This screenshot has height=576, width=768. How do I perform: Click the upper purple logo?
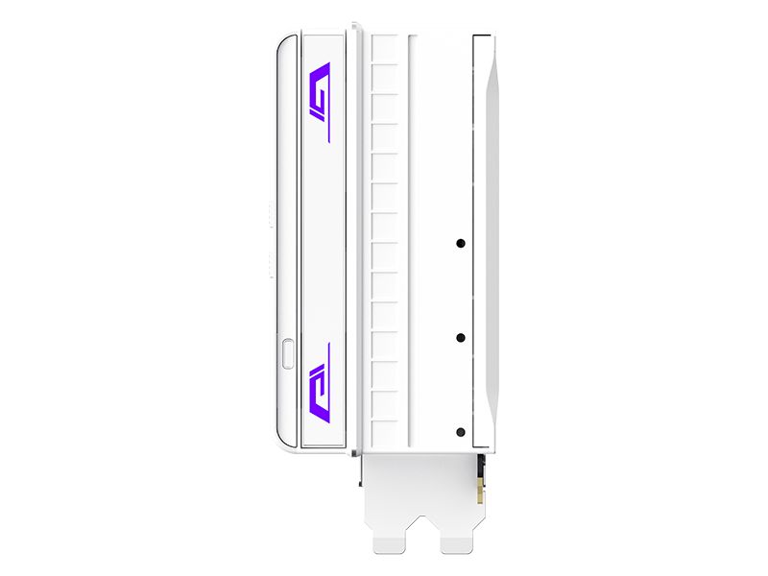(320, 90)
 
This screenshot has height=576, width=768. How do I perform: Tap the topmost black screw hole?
(461, 242)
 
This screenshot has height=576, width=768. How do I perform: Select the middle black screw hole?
(461, 338)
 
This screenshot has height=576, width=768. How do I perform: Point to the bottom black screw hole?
(461, 432)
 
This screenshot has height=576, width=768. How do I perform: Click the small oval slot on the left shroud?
(290, 352)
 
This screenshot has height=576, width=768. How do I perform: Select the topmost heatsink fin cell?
(385, 50)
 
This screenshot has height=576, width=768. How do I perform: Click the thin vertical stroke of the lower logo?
(328, 352)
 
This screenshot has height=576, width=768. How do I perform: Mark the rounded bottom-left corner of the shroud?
(281, 444)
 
